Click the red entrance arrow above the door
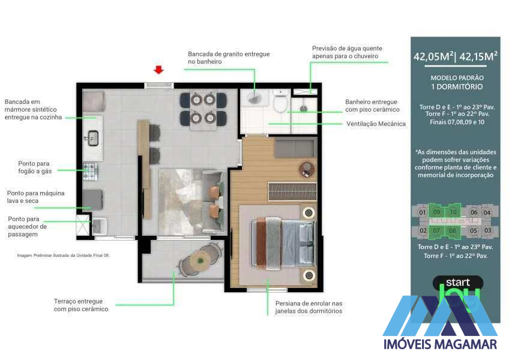(x=158, y=70)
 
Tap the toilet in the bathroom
(x=280, y=103)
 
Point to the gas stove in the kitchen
(x=90, y=172)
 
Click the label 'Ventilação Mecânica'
(x=376, y=124)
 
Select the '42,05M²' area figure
(x=433, y=58)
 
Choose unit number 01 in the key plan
(x=422, y=212)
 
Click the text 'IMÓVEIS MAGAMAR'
(x=440, y=344)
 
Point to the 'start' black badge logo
(x=457, y=282)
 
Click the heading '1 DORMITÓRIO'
(x=457, y=88)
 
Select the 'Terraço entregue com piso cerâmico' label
(x=81, y=305)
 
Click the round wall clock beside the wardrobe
(x=307, y=169)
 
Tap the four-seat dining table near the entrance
(x=203, y=109)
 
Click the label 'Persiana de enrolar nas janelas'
(x=309, y=307)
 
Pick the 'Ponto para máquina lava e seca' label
(x=35, y=197)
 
